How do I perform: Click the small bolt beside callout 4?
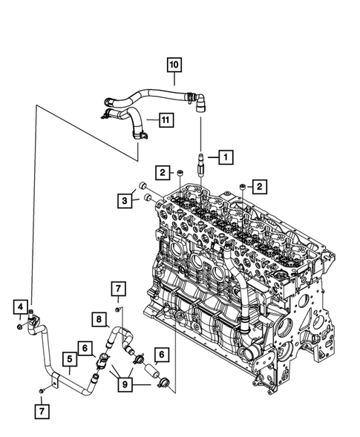(x=19, y=326)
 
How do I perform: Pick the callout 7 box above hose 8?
(x=117, y=288)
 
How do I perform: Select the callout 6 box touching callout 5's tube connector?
(x=85, y=347)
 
